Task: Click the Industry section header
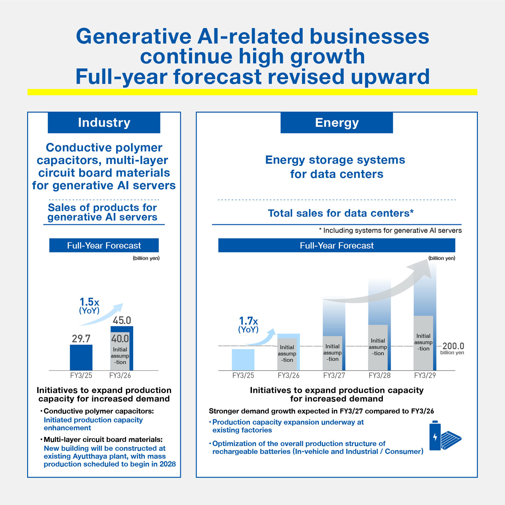pyautogui.click(x=104, y=122)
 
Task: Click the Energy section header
pyautogui.click(x=336, y=122)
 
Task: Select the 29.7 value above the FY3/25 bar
pyautogui.click(x=81, y=339)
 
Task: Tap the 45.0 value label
pyautogui.click(x=122, y=320)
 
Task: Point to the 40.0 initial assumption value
pyautogui.click(x=120, y=339)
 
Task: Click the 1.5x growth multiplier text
pyautogui.click(x=89, y=302)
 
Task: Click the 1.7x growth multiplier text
pyautogui.click(x=248, y=321)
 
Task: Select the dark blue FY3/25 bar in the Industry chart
pyautogui.click(x=81, y=357)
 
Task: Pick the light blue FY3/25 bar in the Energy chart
pyautogui.click(x=243, y=359)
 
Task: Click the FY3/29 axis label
pyautogui.click(x=425, y=375)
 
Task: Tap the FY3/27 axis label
pyautogui.click(x=334, y=375)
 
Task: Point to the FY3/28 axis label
pyautogui.click(x=379, y=375)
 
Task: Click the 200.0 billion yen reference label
pyautogui.click(x=453, y=348)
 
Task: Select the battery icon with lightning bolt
pyautogui.click(x=435, y=436)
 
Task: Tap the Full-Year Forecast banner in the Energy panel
pyautogui.click(x=336, y=245)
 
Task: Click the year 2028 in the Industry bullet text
pyautogui.click(x=168, y=464)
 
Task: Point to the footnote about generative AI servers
pyautogui.click(x=390, y=230)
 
